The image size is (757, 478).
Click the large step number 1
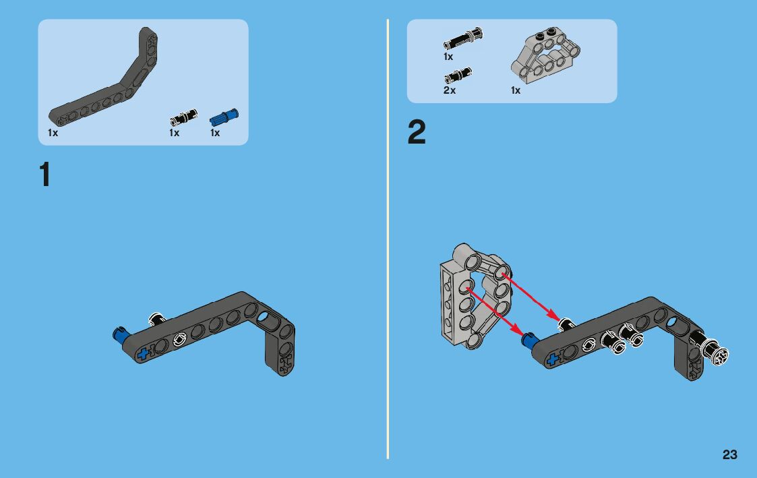45,174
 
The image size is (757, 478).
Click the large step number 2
417,132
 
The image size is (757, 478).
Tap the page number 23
730,454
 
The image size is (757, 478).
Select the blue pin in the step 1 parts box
224,118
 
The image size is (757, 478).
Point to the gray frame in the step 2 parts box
545,56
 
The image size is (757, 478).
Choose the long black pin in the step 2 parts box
463,38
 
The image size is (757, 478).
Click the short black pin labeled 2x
458,76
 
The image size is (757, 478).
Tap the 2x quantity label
450,90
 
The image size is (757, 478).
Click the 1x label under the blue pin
215,133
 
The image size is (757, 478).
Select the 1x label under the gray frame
516,90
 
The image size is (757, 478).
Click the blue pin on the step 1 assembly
121,334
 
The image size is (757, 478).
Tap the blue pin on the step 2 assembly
530,339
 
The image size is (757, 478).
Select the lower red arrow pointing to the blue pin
494,312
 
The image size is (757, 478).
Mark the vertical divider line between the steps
387,239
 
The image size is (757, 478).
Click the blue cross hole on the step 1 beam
143,355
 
